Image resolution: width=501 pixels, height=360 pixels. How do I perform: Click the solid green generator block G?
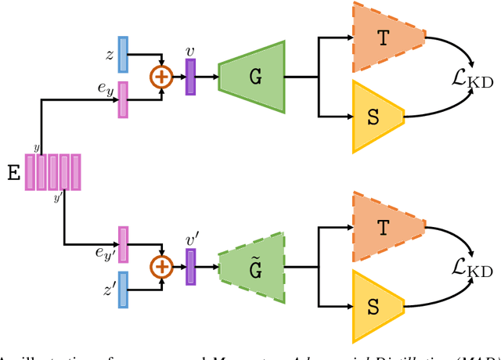coord(251,76)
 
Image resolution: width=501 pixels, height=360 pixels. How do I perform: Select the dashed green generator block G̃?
coord(251,268)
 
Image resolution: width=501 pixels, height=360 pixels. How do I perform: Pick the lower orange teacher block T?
coord(384,227)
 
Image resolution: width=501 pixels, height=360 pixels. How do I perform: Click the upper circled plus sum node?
coord(162,77)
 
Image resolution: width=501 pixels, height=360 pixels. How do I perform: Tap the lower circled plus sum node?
coord(162,267)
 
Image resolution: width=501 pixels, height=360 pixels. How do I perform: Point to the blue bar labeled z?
coord(122,54)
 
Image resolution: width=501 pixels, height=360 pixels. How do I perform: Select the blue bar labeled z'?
coord(122,290)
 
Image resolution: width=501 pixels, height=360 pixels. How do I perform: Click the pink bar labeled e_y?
coord(122,99)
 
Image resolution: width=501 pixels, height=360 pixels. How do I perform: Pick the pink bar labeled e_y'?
coord(122,244)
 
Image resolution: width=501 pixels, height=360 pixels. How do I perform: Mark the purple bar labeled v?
coord(190,77)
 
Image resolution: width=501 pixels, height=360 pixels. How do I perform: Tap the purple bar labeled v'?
coord(190,267)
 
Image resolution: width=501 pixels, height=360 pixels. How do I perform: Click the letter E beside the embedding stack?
coord(13,173)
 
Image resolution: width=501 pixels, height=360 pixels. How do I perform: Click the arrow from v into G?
coord(207,77)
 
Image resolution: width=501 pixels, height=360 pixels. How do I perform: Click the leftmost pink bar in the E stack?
coord(30,172)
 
